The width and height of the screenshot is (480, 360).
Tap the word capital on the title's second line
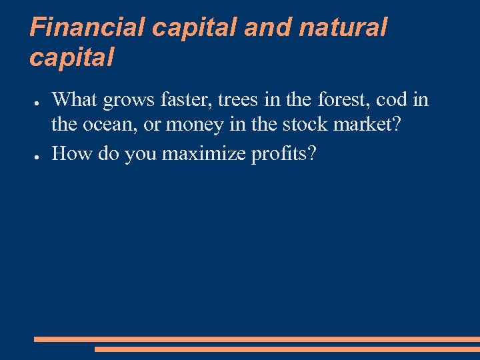point(72,58)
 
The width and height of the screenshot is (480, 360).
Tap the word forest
point(341,100)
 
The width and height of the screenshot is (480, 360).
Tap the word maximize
point(205,154)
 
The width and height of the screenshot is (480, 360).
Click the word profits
point(284,154)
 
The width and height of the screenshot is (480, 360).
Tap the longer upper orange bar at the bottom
point(257,339)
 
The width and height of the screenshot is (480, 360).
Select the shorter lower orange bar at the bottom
point(287,349)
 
